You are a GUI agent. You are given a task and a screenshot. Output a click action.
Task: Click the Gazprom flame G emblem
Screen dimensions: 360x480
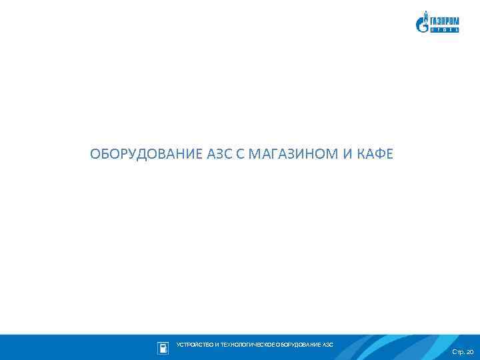[x=421, y=23]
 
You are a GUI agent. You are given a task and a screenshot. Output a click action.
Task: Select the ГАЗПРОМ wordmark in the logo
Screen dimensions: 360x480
[x=443, y=21]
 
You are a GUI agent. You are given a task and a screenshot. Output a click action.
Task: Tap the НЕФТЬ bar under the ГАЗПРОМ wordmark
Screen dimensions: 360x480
[x=443, y=29]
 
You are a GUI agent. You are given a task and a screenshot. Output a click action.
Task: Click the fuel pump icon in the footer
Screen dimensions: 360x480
[x=163, y=347]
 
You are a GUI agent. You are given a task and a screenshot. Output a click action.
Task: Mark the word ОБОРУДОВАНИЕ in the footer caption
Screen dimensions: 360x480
[x=298, y=345]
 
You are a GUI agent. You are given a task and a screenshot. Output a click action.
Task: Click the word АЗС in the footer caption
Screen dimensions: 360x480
[x=327, y=345]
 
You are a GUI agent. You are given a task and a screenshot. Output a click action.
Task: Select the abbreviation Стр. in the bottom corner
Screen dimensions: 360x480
[x=458, y=351]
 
